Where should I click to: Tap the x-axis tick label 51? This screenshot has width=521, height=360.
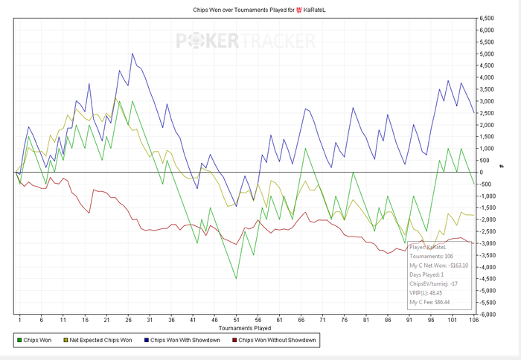pos(236,320)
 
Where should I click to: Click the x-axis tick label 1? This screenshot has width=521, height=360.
pos(19,320)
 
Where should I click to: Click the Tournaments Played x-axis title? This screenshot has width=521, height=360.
pos(244,327)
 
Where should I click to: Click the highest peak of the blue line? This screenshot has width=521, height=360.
pos(132,54)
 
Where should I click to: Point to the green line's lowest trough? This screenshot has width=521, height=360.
pos(236,279)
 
